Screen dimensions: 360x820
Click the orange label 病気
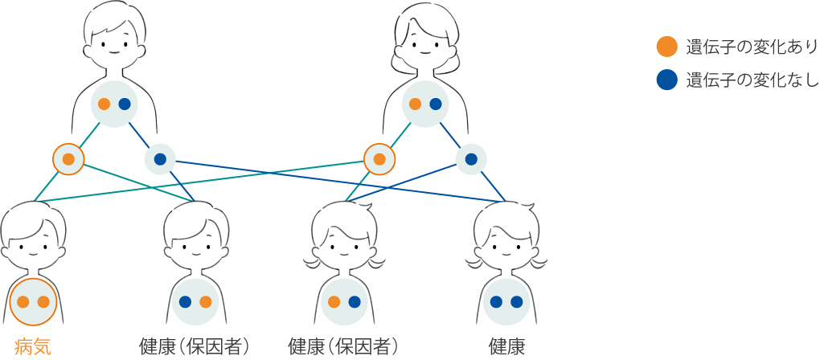pyautogui.click(x=33, y=346)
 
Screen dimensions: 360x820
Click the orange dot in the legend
pyautogui.click(x=666, y=47)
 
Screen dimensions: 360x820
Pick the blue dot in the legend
pyautogui.click(x=666, y=80)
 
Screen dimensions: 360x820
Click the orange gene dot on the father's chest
pyautogui.click(x=104, y=104)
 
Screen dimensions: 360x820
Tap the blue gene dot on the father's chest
pyautogui.click(x=125, y=104)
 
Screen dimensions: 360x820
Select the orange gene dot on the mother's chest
pyautogui.click(x=415, y=104)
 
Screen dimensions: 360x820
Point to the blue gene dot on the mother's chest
pyautogui.click(x=436, y=104)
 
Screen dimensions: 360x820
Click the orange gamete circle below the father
pyautogui.click(x=68, y=159)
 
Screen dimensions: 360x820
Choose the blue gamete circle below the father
pyautogui.click(x=160, y=159)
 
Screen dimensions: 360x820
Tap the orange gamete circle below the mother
pyautogui.click(x=379, y=159)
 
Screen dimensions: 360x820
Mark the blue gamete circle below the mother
pyautogui.click(x=471, y=159)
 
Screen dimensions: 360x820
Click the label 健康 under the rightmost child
pyautogui.click(x=506, y=346)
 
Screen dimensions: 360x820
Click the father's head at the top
pyautogui.click(x=114, y=36)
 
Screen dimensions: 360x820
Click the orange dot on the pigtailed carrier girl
pyautogui.click(x=334, y=302)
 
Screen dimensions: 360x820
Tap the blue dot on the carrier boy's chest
pyautogui.click(x=185, y=302)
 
